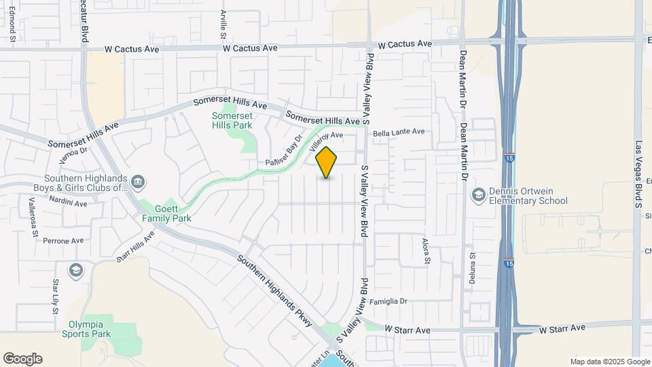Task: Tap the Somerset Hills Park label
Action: tap(232, 120)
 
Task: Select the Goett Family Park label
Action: tap(166, 214)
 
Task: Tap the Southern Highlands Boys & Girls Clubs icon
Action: tap(138, 181)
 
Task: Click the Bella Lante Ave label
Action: tap(398, 132)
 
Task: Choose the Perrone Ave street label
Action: tap(62, 241)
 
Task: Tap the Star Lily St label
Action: tap(56, 296)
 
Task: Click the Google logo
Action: tap(22, 359)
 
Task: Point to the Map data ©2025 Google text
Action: tap(609, 362)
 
